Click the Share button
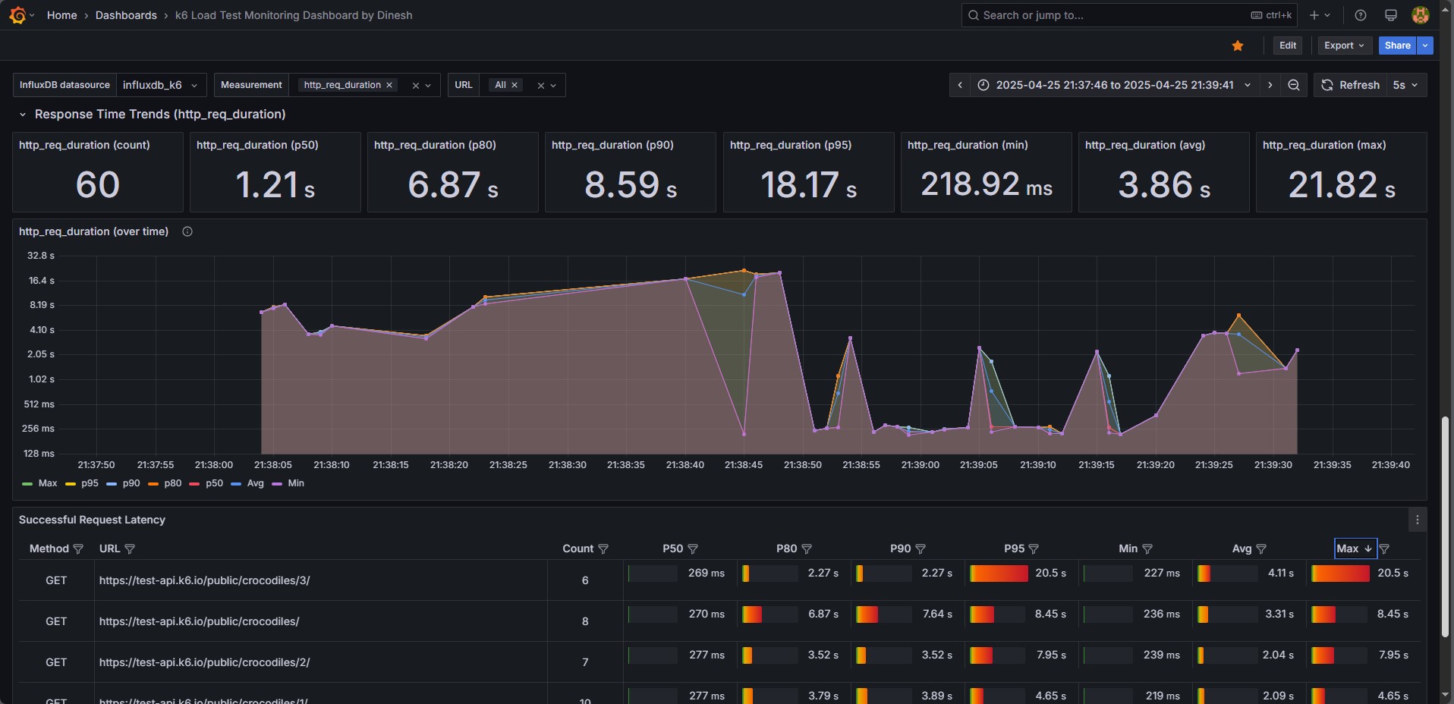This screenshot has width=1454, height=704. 1396,46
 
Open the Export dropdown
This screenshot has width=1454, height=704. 1344,46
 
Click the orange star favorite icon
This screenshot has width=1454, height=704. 1238,46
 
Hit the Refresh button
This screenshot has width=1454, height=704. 1350,85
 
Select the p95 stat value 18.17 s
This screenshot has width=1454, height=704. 808,185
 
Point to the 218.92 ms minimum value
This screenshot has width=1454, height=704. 986,185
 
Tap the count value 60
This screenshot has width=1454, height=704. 98,185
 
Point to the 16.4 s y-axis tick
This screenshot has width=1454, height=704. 41,281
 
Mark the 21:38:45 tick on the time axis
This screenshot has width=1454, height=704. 744,465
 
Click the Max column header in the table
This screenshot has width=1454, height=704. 1348,548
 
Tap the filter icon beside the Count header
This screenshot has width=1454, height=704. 603,548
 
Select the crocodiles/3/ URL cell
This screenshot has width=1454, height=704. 204,580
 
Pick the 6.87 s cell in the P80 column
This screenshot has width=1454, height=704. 823,614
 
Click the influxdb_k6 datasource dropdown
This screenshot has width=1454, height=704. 159,85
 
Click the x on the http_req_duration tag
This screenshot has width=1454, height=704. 389,85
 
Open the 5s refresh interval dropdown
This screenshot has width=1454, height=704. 1405,85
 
